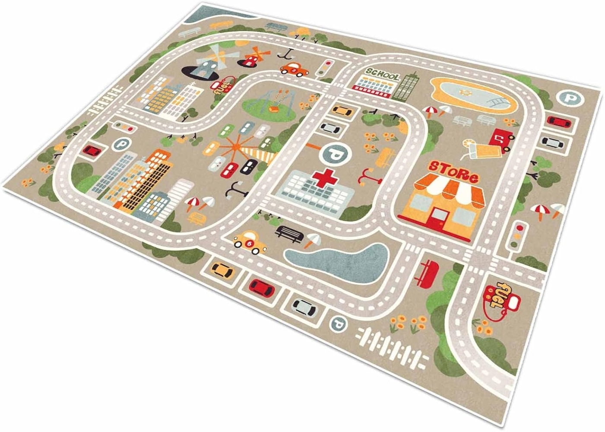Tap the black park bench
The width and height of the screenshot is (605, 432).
289,233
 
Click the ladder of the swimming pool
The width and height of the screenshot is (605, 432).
496,102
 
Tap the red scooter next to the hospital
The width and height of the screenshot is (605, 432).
367,175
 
